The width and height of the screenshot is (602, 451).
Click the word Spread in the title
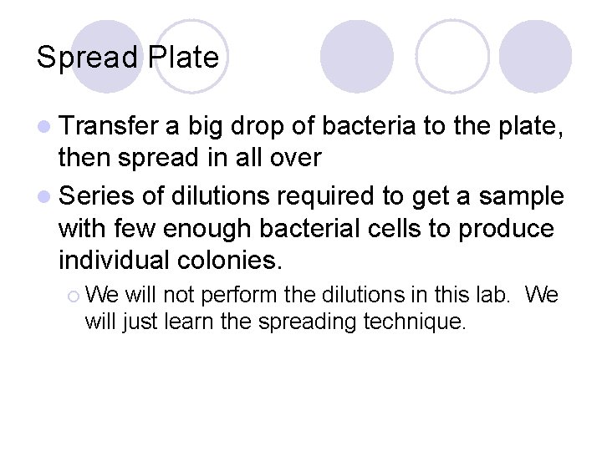88,58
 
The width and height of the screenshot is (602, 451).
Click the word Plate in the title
183,58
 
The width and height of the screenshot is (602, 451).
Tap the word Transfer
108,126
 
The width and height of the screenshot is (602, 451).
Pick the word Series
97,196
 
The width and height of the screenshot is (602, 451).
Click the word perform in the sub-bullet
242,295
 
